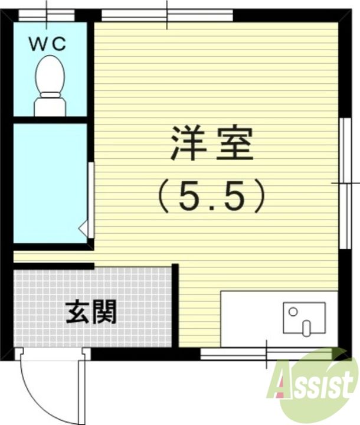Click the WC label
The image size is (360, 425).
coord(51,42)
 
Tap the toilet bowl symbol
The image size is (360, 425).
coord(50,74)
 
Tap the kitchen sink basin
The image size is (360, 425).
coord(304,318)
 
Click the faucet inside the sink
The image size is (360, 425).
coord(306,326)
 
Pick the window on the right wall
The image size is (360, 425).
coord(345,183)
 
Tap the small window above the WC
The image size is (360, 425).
coord(47,14)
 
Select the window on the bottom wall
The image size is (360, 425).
coord(266,354)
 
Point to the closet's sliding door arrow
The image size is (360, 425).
coord(83,227)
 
